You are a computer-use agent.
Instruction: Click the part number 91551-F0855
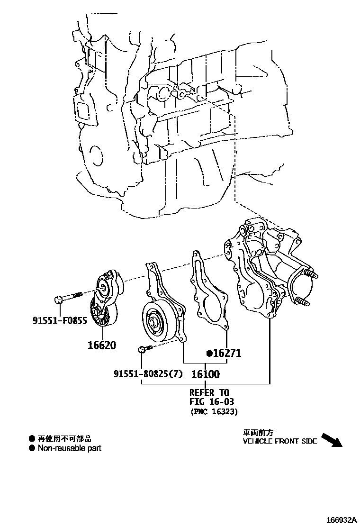click(60, 321)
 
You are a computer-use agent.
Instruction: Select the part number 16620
click(101, 345)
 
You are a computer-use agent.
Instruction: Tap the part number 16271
click(227, 354)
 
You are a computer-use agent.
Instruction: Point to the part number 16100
click(205, 374)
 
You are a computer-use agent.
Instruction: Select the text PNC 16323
click(214, 412)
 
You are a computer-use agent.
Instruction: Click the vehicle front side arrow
click(332, 440)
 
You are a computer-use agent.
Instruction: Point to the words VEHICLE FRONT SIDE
click(280, 441)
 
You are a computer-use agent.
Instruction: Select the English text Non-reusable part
click(70, 448)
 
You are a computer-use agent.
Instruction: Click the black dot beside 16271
click(208, 354)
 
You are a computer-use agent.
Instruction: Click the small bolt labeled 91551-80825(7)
click(145, 350)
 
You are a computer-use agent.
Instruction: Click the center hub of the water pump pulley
click(153, 323)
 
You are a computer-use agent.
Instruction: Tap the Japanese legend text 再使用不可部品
click(64, 439)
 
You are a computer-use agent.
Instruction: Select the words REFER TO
click(209, 393)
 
